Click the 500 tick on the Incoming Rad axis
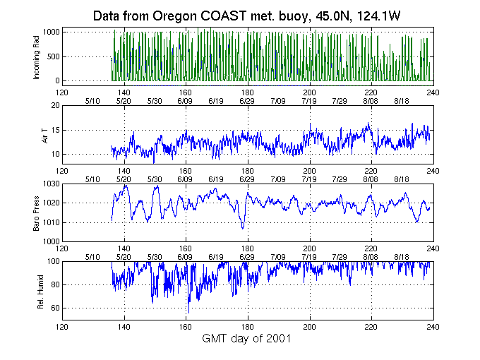(54, 56)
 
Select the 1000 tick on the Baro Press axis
(52, 241)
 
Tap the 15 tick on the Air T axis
(56, 130)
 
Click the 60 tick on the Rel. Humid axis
(56, 308)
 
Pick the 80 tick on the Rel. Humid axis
(56, 285)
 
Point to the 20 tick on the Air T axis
(56, 106)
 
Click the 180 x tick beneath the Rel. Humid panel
(248, 326)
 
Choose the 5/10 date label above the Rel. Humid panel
(92, 256)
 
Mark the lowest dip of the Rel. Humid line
(188, 312)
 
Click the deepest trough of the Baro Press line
(243, 229)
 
